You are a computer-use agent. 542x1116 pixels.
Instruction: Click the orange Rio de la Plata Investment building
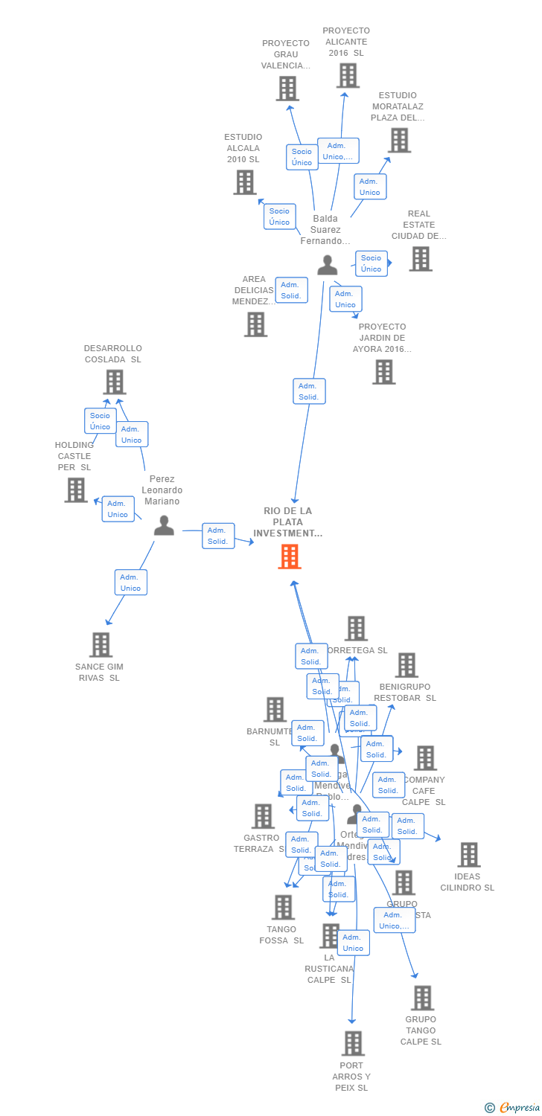tap(290, 557)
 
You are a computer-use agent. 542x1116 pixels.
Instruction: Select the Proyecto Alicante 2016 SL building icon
tap(348, 76)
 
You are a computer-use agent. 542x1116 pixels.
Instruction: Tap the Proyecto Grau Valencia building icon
tap(287, 89)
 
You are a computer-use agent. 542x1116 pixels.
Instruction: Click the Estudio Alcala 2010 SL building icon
tap(245, 182)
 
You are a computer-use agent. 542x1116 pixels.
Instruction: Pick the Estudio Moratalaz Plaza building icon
tap(399, 140)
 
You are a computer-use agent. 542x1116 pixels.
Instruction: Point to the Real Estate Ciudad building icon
tap(421, 259)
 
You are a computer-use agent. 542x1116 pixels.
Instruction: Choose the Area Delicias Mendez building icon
tap(255, 324)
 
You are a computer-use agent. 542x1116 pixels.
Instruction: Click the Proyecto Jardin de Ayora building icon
tap(384, 372)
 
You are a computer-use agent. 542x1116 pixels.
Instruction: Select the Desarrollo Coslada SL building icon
tap(114, 382)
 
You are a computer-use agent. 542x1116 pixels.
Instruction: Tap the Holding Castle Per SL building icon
tap(76, 490)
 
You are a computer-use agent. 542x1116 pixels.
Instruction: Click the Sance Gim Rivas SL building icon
tap(101, 645)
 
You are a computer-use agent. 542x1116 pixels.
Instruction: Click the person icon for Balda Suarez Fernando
tap(328, 266)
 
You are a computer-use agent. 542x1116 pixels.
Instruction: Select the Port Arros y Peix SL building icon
tap(353, 1043)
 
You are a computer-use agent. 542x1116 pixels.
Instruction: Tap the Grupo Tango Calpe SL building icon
tap(422, 998)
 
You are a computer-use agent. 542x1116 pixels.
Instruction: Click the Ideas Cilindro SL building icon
tap(468, 855)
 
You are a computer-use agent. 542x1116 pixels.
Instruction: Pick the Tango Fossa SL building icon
tap(283, 907)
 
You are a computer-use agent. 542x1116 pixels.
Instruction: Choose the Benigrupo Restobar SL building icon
tap(406, 665)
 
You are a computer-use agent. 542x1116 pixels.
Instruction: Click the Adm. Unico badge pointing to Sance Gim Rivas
tap(131, 583)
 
